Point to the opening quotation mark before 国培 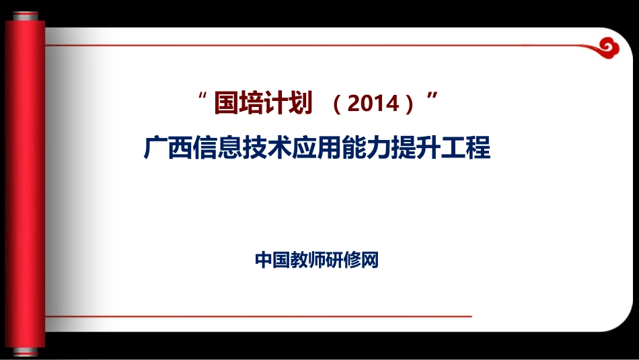tap(202, 98)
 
